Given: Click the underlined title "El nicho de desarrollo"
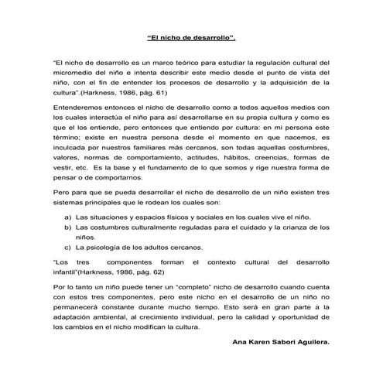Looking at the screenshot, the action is (x=191, y=37).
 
